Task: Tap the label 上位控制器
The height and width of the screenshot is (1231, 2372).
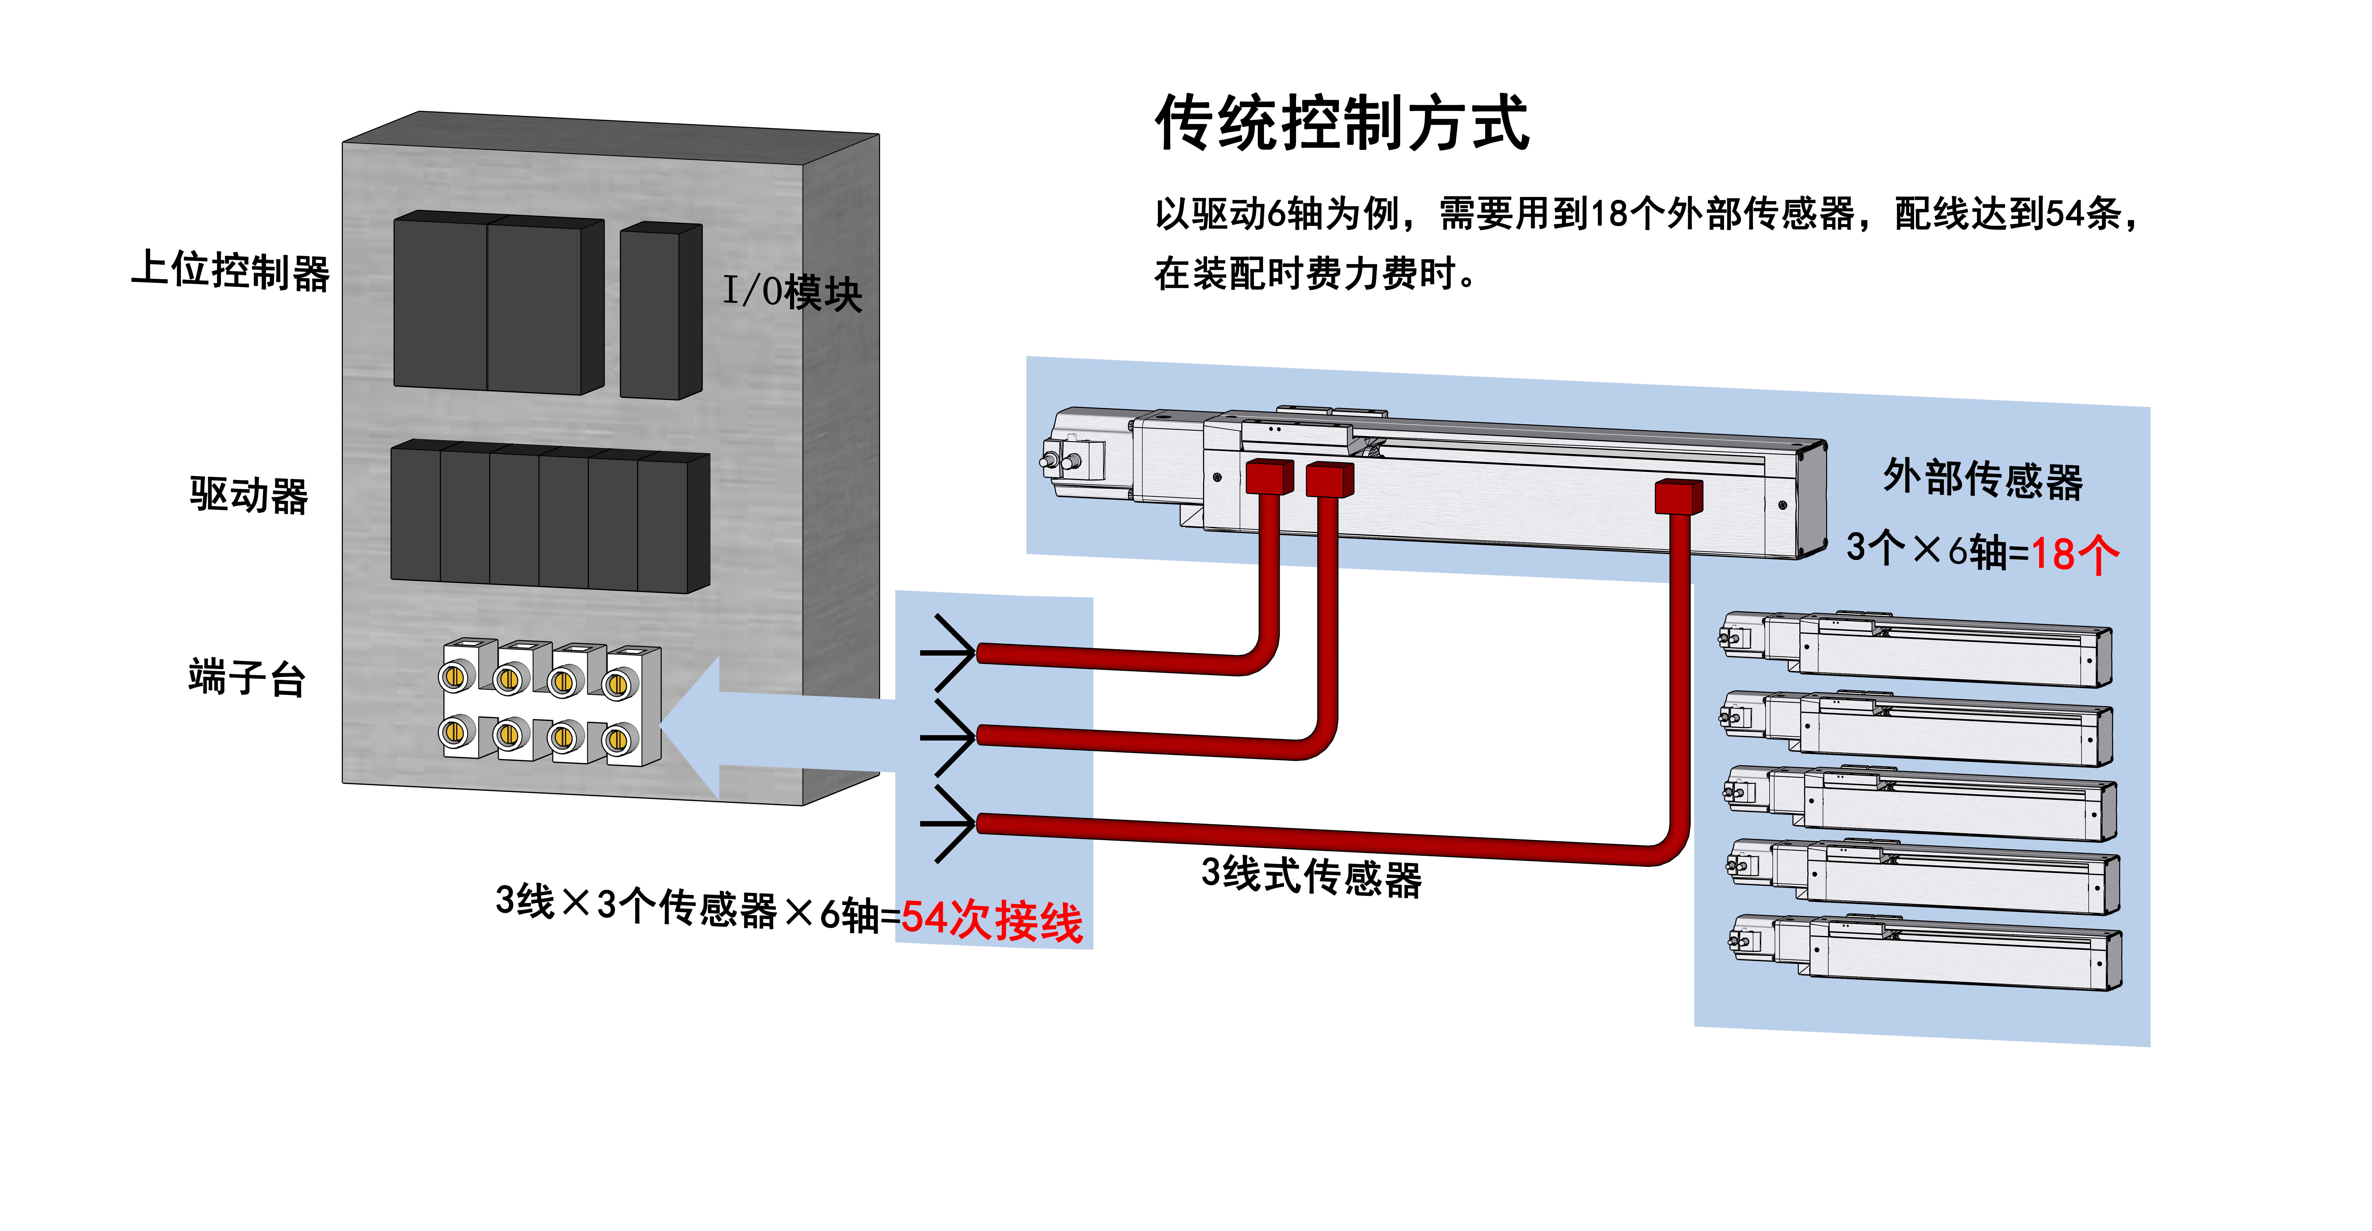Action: click(230, 271)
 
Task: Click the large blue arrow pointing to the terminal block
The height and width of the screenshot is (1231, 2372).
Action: click(774, 727)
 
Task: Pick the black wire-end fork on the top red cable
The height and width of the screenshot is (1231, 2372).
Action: click(948, 652)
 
